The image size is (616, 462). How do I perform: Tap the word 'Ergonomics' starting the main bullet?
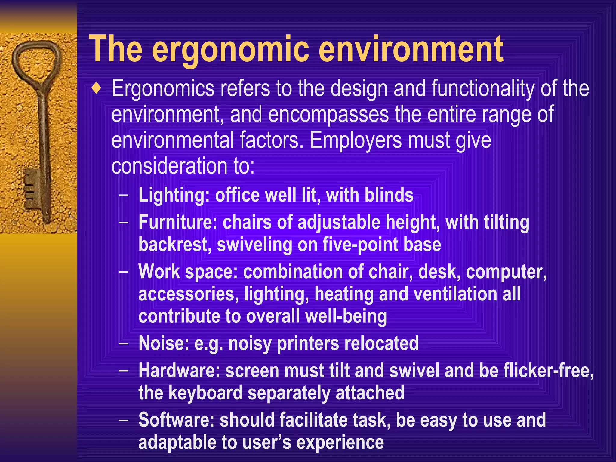point(163,89)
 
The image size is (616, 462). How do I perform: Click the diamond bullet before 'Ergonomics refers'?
point(96,88)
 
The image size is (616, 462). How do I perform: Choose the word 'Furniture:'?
point(178,223)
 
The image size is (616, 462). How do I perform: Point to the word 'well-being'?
point(346,317)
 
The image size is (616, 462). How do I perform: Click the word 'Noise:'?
point(164,343)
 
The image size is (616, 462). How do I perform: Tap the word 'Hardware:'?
point(179,371)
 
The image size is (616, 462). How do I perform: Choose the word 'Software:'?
point(176,420)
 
